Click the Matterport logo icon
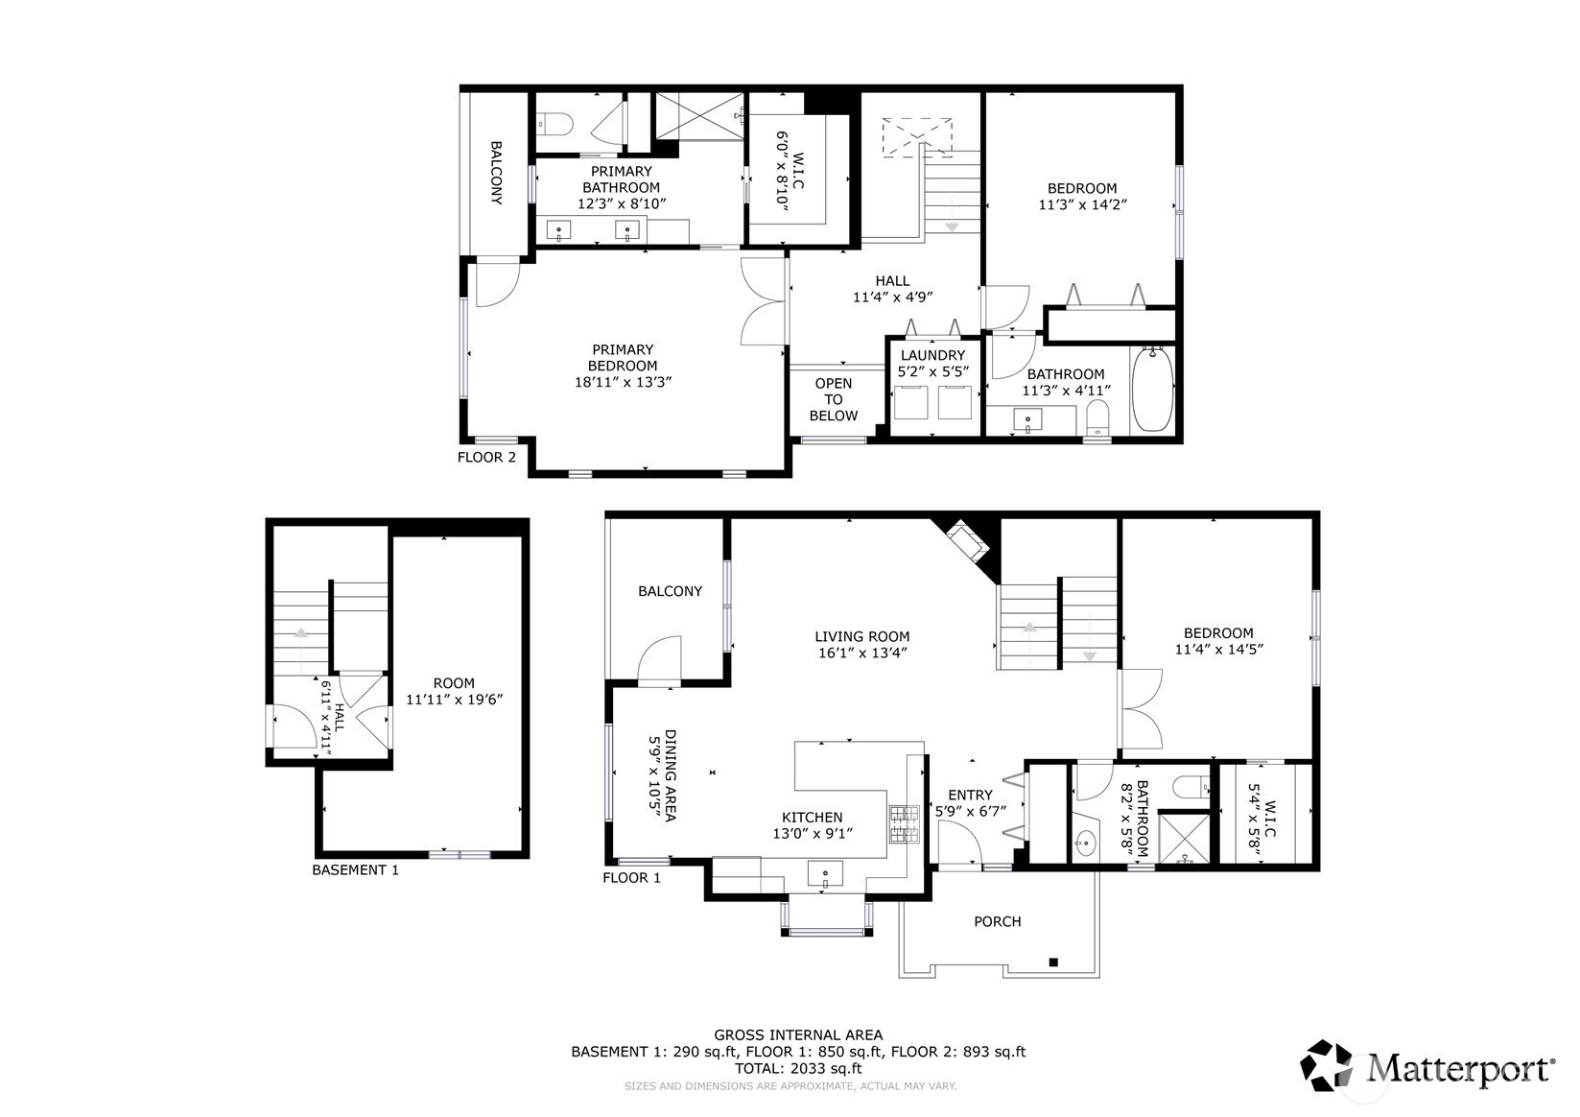1327,1065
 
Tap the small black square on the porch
1053,962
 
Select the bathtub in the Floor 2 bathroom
1152,389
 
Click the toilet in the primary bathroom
555,125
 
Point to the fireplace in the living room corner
965,541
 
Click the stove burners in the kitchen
905,824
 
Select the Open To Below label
833,399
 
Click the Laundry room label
932,355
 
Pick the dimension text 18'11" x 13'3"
623,382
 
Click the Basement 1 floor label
356,870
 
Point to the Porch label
998,921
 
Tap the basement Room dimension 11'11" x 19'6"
455,700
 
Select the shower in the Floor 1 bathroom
1185,839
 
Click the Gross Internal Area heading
798,1035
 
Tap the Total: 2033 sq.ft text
798,1068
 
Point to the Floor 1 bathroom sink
1087,841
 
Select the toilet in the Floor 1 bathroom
1191,786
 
